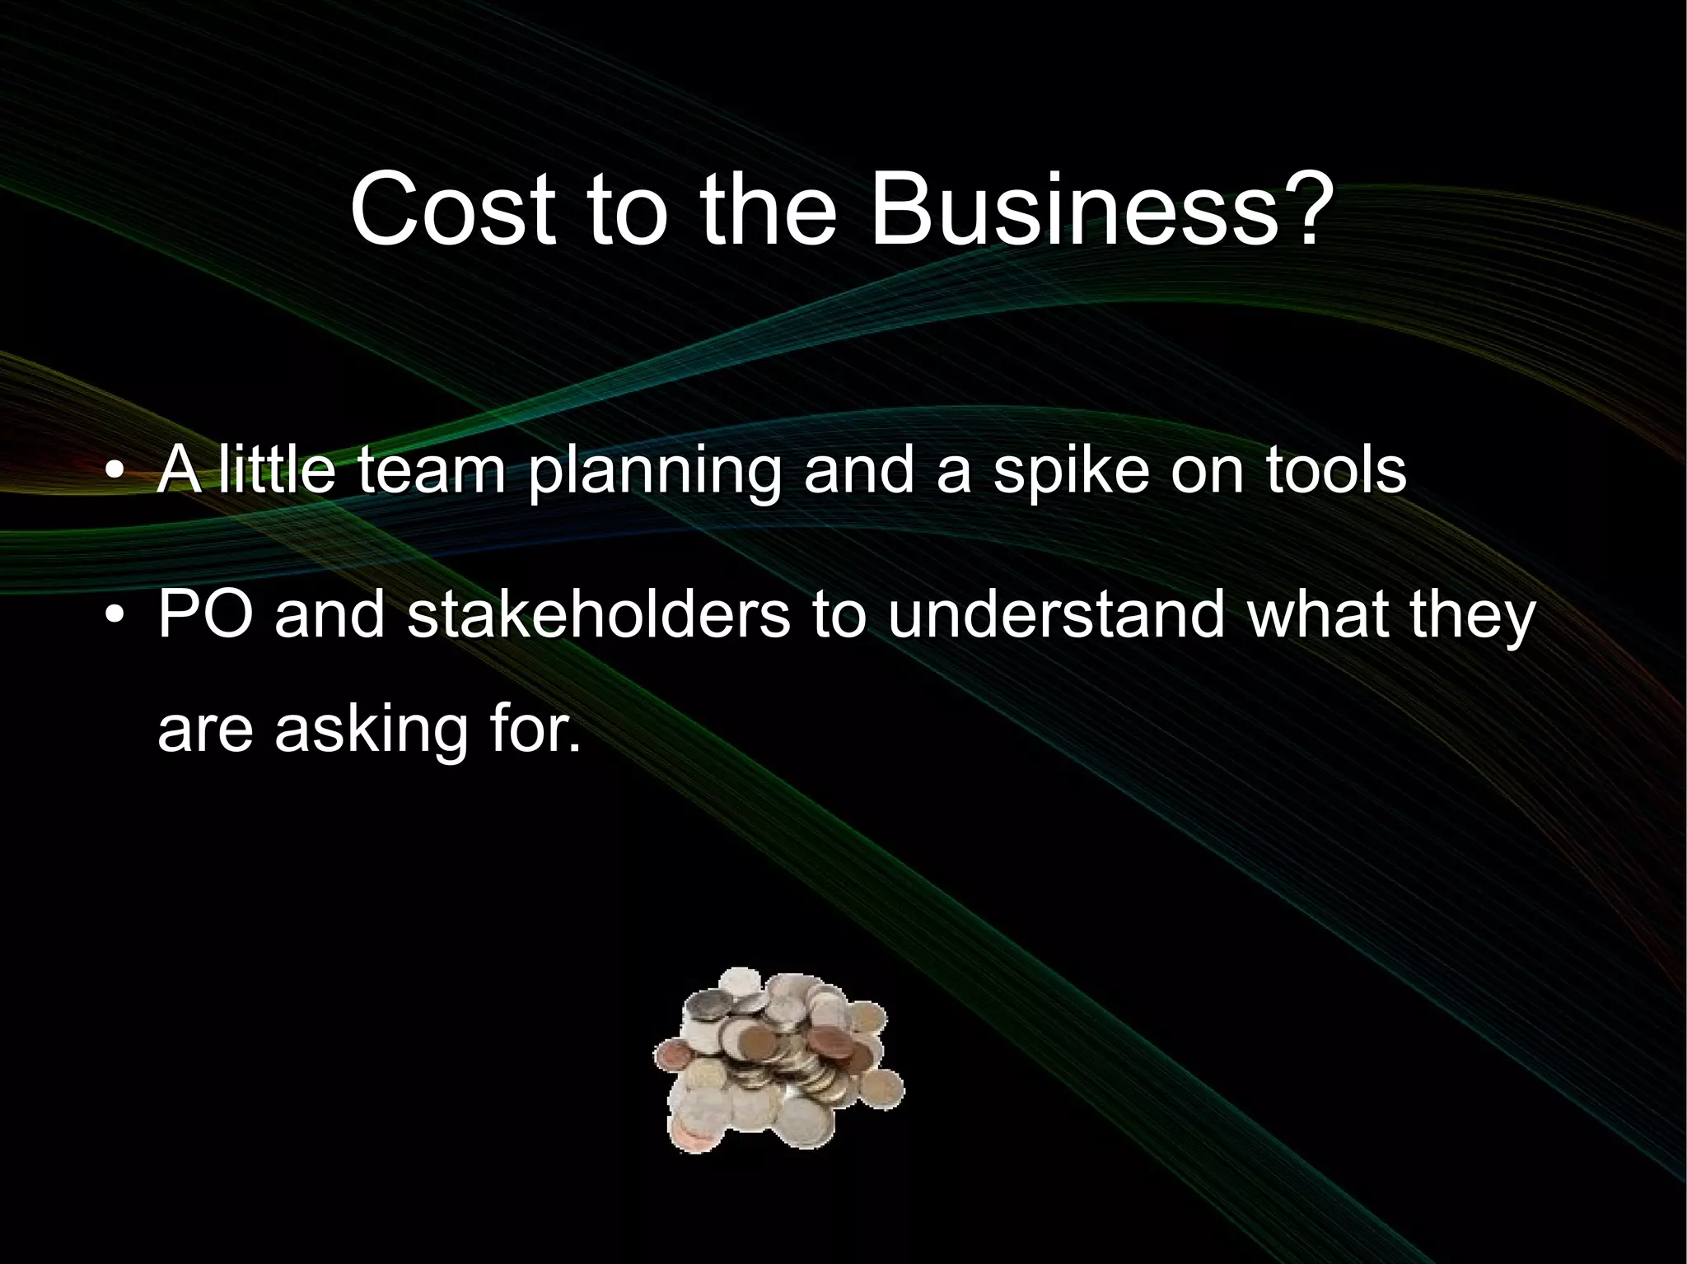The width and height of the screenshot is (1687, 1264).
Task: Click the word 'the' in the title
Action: pos(778,210)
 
